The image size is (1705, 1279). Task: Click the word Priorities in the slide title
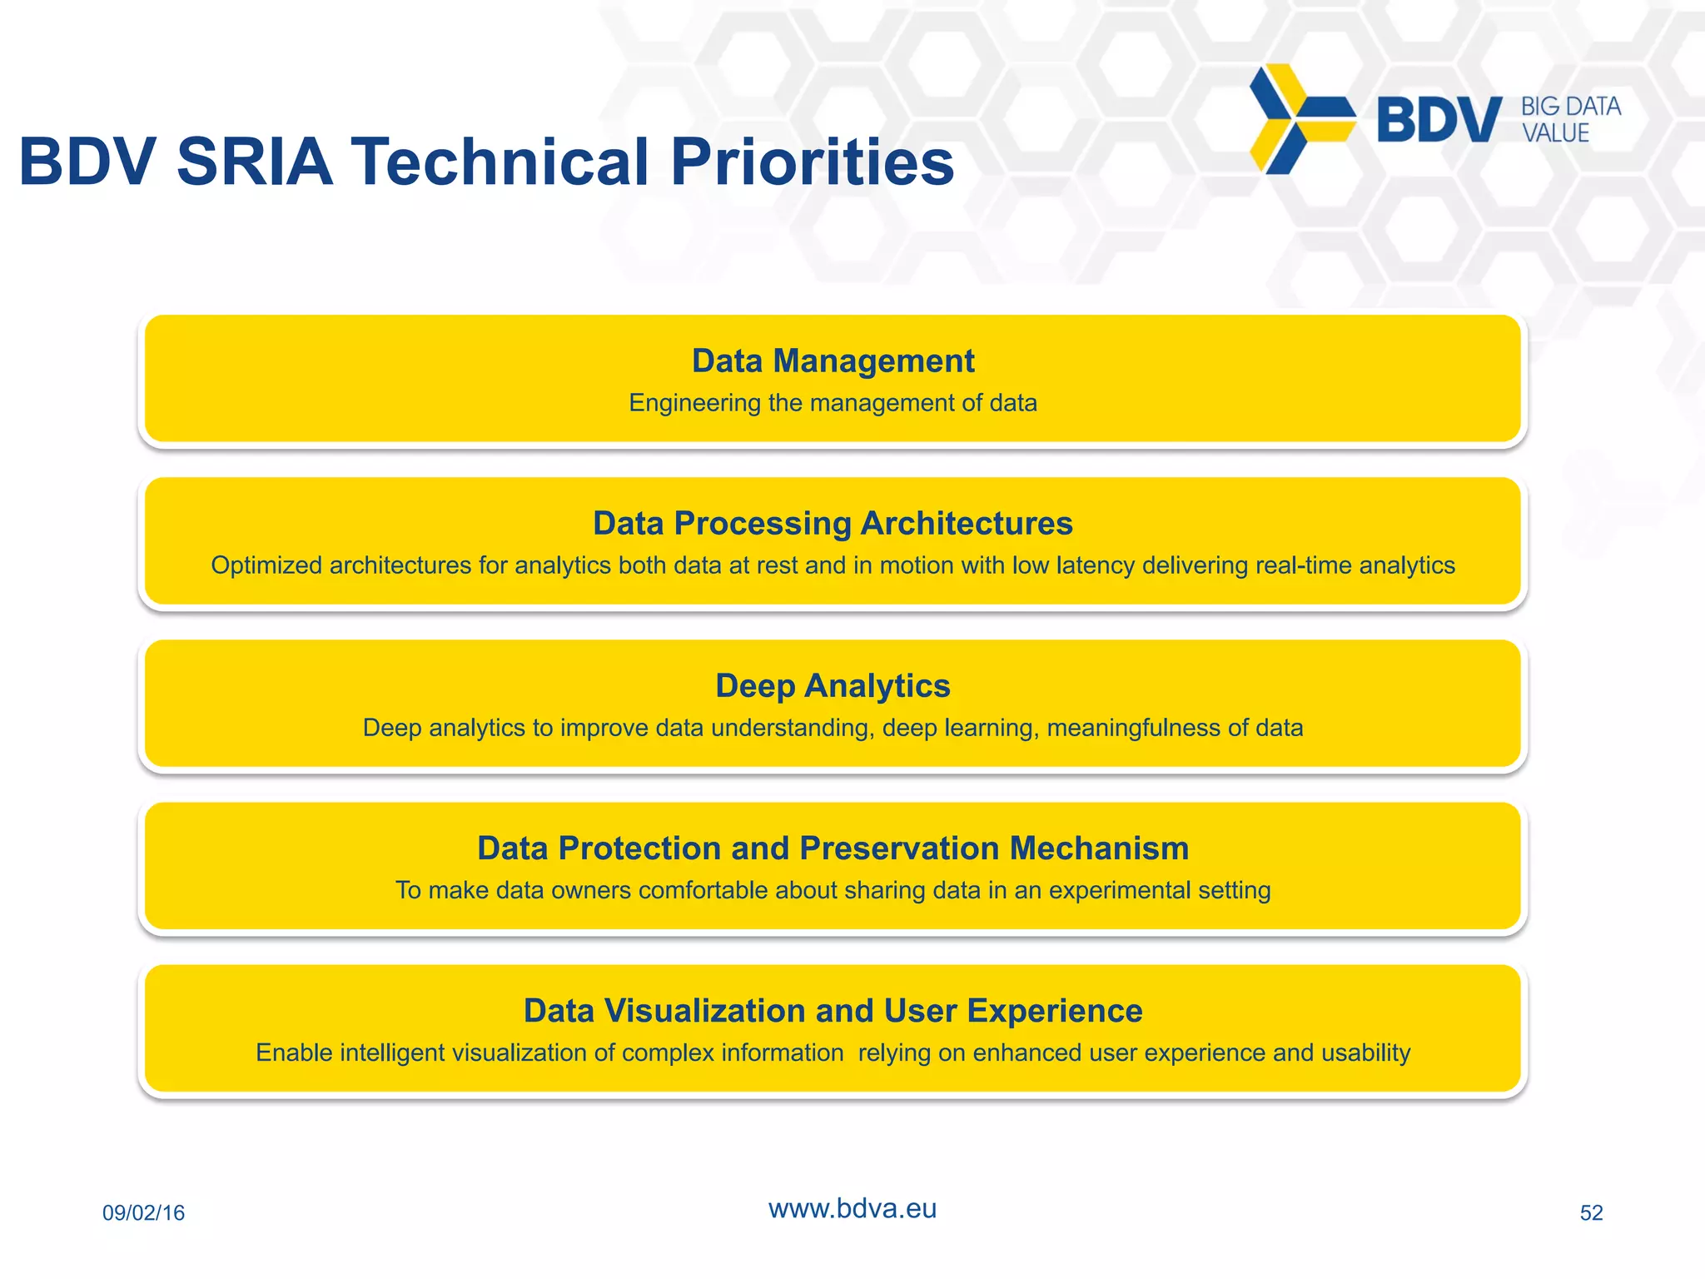click(x=812, y=162)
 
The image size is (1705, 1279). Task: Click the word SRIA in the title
click(x=255, y=162)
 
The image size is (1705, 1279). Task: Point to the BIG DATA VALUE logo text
click(x=1570, y=120)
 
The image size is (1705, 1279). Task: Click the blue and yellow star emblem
click(x=1299, y=119)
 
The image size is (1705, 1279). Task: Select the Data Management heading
click(x=833, y=361)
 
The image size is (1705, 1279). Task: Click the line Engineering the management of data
click(x=833, y=403)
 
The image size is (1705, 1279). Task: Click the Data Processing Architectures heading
click(x=833, y=524)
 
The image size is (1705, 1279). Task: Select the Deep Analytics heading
click(x=833, y=686)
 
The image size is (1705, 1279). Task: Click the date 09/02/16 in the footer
click(x=143, y=1212)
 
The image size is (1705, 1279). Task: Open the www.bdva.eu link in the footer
click(x=852, y=1208)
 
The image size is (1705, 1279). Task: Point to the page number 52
click(x=1591, y=1212)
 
